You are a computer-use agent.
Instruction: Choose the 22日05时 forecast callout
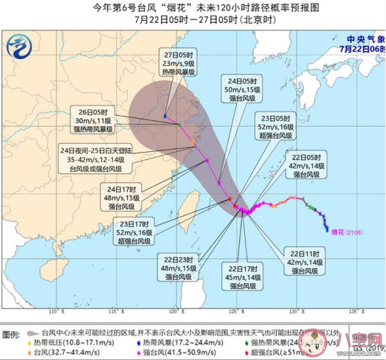click(x=307, y=166)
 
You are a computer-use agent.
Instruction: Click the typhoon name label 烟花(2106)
click(x=344, y=232)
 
